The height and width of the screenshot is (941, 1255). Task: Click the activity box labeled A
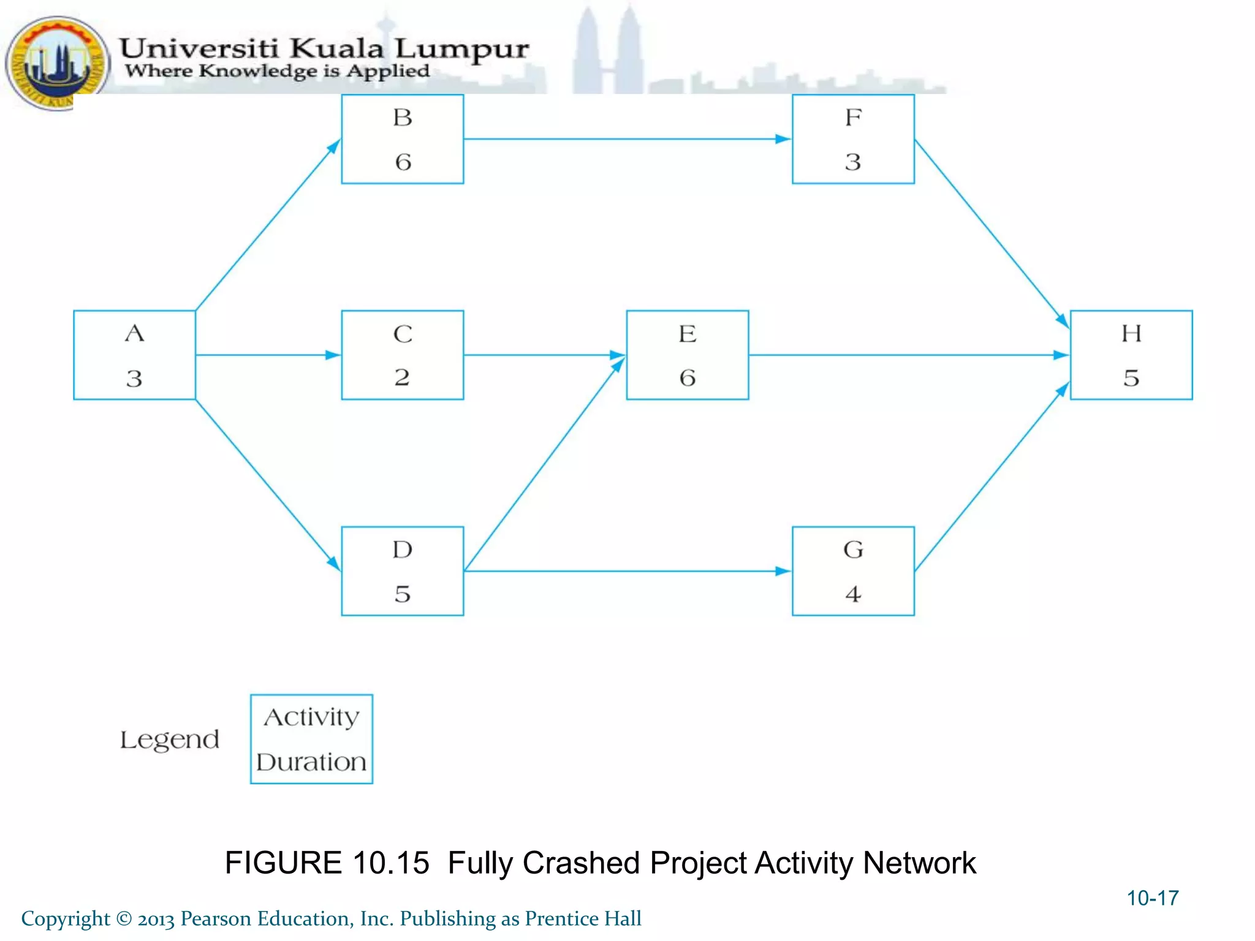(134, 355)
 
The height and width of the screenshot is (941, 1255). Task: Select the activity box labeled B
(402, 139)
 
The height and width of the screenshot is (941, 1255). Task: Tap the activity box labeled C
(402, 355)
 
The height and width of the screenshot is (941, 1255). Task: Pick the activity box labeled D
(402, 570)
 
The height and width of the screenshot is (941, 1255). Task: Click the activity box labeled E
(687, 355)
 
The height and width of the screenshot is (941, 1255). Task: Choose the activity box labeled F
(853, 139)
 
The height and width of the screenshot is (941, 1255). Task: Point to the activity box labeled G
(853, 570)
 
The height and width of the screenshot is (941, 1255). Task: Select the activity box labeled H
(1131, 355)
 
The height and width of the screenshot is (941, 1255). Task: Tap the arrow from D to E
(544, 464)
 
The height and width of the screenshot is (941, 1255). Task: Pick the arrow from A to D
(268, 485)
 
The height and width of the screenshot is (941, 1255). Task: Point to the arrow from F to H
(991, 233)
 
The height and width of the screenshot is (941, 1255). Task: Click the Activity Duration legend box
(311, 739)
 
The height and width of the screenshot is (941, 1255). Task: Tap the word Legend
(169, 740)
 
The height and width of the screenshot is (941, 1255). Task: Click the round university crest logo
(57, 63)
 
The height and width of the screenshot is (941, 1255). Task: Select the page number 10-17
(1152, 898)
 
